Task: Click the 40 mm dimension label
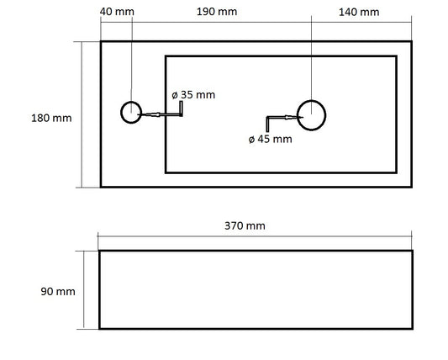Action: pos(117,12)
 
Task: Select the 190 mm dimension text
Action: pos(217,12)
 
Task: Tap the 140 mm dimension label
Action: pos(359,13)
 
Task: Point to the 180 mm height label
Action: pos(51,118)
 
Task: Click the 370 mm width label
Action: pos(245,226)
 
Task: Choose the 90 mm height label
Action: pos(58,292)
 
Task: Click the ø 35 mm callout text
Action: pos(193,95)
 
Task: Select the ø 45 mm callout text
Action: pos(271,140)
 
